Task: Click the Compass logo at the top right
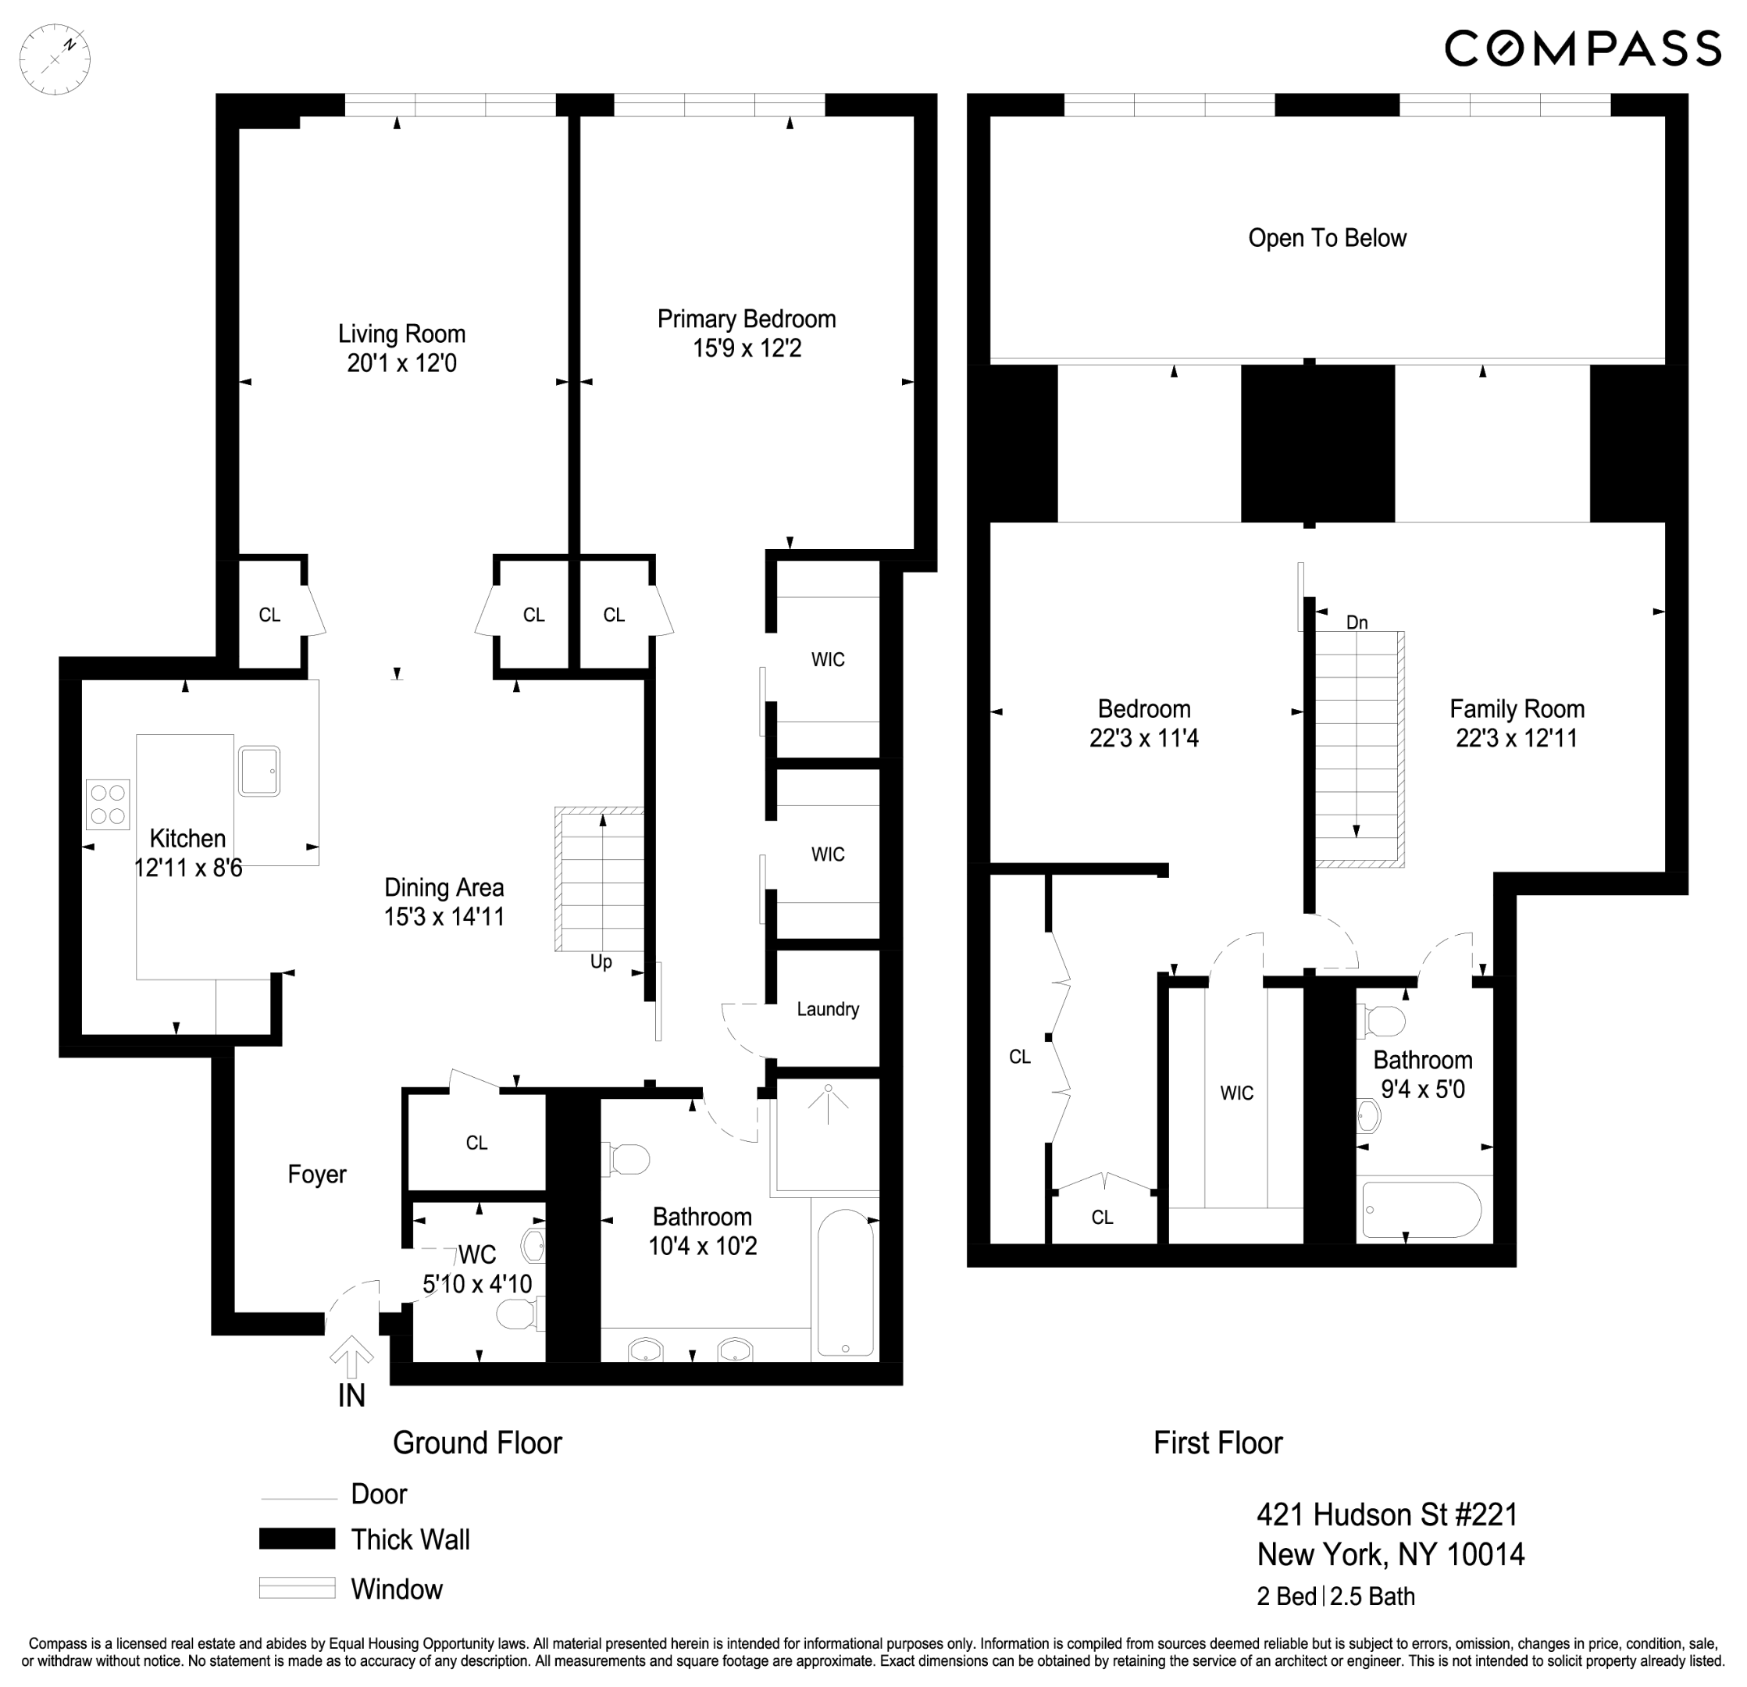(x=1582, y=48)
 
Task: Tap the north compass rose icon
(x=55, y=59)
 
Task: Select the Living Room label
(x=401, y=334)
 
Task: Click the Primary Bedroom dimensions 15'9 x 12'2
(x=747, y=348)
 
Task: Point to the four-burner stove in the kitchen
(x=108, y=804)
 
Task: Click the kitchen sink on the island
(x=259, y=771)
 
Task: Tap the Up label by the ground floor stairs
(x=601, y=962)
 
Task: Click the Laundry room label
(x=827, y=1010)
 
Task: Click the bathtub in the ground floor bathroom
(x=846, y=1283)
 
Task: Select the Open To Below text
(x=1326, y=239)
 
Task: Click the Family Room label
(x=1516, y=709)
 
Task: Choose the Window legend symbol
(x=297, y=1588)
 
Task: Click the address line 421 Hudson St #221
(x=1387, y=1514)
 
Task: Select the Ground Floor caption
(x=477, y=1443)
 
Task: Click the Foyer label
(x=316, y=1175)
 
